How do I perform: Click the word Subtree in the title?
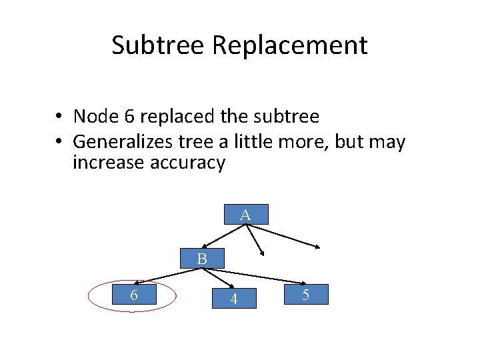(x=159, y=45)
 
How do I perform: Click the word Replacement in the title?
(x=290, y=45)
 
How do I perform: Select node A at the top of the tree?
(x=245, y=214)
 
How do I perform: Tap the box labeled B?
(x=202, y=258)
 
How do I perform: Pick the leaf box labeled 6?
(x=134, y=294)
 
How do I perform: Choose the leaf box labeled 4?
(x=233, y=298)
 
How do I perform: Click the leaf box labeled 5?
(x=305, y=294)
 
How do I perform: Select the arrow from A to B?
(x=223, y=235)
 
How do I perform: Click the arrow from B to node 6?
(x=160, y=276)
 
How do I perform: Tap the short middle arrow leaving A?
(x=256, y=239)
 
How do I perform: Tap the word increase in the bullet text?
(x=110, y=162)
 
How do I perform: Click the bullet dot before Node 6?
(x=59, y=117)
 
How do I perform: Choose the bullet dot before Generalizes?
(x=59, y=143)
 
